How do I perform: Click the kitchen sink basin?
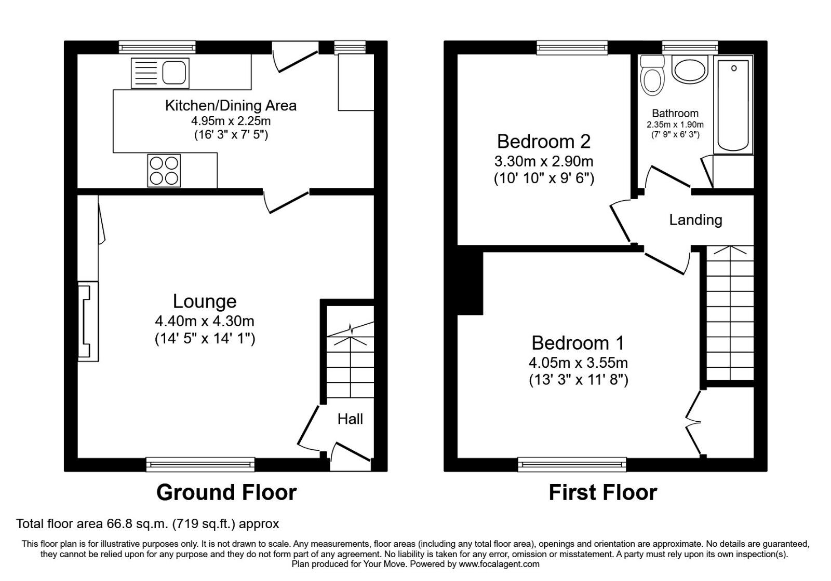coord(174,73)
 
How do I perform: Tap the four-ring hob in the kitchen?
coord(164,171)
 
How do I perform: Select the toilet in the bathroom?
coord(652,76)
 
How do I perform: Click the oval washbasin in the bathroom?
coord(690,70)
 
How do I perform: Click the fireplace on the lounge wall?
coord(88,321)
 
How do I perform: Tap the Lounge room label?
coord(205,301)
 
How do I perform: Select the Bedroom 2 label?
coord(544,142)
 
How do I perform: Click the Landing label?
coord(695,220)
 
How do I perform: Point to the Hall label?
coord(350,419)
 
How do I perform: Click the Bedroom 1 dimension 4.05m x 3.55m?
coord(579,363)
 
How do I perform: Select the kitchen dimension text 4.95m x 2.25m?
coord(231,121)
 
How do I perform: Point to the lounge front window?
coord(200,464)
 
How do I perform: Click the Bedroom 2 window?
coord(572,48)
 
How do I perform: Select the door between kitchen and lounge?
coord(286,201)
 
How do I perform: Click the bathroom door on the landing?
coord(668,178)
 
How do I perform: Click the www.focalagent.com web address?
coord(499,564)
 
